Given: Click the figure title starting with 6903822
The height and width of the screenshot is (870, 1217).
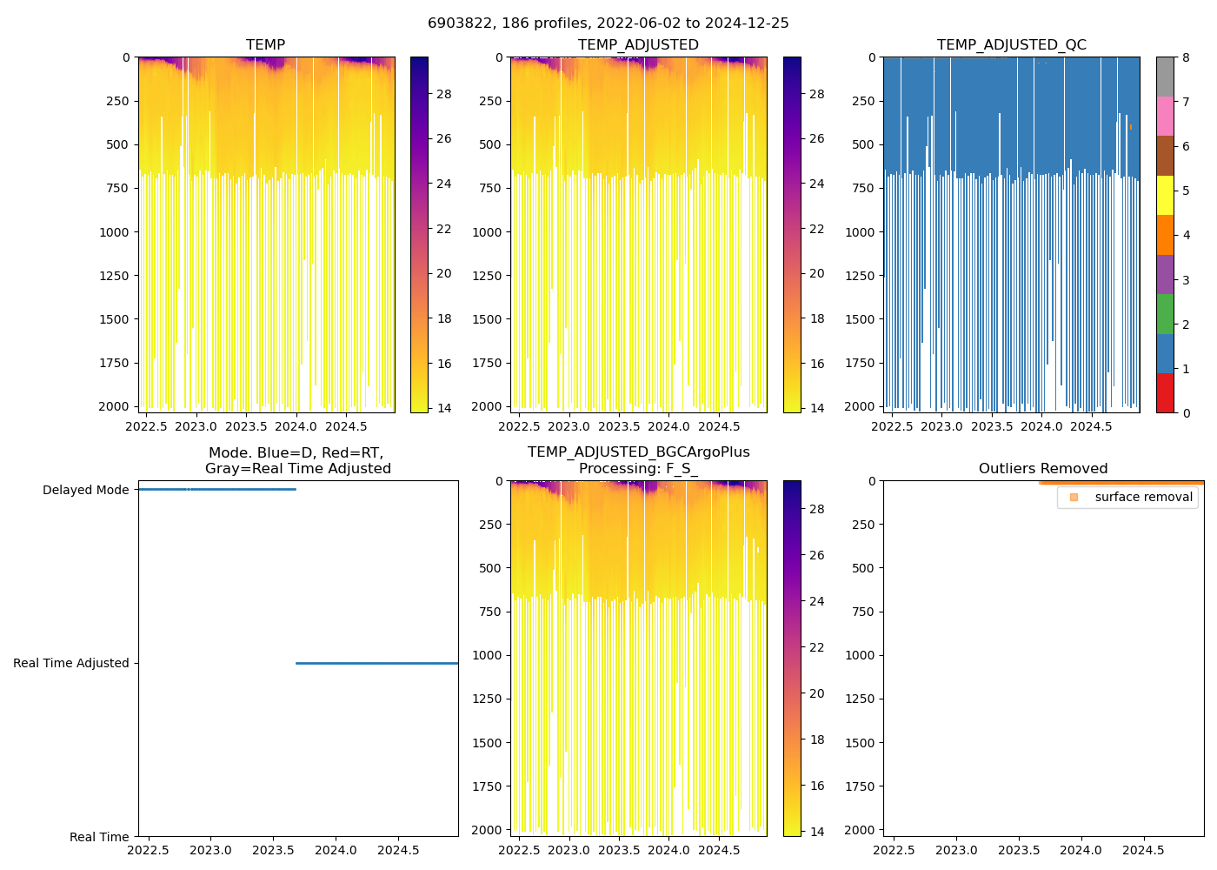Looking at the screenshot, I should [x=608, y=23].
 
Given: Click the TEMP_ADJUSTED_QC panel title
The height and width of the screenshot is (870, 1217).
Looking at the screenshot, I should [x=1011, y=44].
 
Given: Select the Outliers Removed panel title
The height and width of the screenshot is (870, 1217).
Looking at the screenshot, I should [x=1042, y=469].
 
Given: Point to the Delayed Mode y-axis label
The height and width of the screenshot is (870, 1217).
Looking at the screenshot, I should [x=85, y=491].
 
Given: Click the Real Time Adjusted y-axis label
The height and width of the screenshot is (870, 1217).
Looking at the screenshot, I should [x=71, y=663].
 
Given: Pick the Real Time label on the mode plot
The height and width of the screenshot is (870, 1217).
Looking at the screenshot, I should [x=99, y=837].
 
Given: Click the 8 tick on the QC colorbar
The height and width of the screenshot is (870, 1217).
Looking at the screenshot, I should [x=1186, y=57].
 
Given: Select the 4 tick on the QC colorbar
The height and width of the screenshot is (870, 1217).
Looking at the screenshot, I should [x=1186, y=235].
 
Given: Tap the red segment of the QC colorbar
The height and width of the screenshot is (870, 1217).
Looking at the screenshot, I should [x=1165, y=393].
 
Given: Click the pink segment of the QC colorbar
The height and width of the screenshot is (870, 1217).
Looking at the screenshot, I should [x=1165, y=116].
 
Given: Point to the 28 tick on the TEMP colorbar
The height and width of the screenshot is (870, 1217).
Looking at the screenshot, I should [x=443, y=94].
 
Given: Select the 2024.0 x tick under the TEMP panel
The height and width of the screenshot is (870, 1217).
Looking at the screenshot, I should [x=296, y=426].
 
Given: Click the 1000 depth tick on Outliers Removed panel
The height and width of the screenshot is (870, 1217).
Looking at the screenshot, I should [x=859, y=655].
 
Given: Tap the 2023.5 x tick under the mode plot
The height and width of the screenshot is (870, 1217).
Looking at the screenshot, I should [x=273, y=850].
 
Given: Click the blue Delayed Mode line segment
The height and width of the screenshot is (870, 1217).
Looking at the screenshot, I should [x=217, y=490].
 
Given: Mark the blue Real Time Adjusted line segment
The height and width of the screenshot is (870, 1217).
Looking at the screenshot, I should [x=376, y=663].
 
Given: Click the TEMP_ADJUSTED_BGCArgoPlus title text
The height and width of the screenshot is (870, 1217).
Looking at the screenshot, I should [x=638, y=452].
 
